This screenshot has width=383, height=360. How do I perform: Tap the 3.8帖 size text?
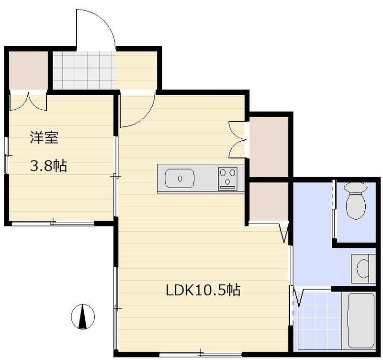(48, 166)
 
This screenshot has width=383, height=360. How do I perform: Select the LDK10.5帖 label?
(203, 290)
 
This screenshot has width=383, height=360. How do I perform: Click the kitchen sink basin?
(180, 179)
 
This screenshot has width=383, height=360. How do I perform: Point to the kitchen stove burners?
(228, 178)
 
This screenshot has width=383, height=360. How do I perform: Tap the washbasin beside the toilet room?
(363, 269)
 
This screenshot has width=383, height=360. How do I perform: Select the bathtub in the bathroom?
(360, 319)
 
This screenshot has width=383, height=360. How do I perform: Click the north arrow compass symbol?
(83, 316)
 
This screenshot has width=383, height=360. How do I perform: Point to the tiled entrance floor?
(84, 70)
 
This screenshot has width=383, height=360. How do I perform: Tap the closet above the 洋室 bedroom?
(28, 70)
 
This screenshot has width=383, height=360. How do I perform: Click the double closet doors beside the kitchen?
(237, 139)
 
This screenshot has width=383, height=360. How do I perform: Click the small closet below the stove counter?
(269, 201)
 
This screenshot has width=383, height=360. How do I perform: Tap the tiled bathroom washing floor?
(318, 319)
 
